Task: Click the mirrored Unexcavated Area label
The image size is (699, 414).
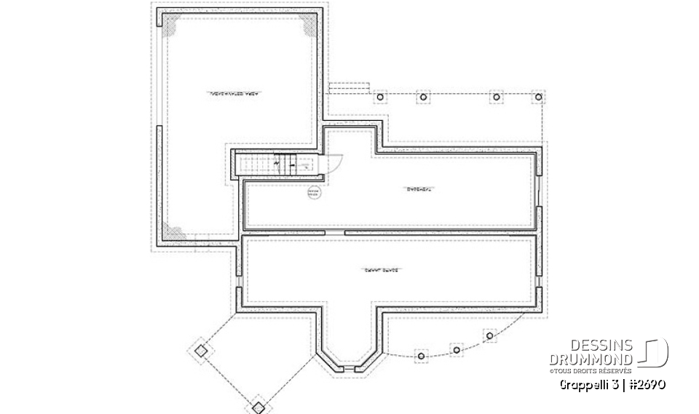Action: click(235, 94)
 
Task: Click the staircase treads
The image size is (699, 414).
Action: click(256, 164)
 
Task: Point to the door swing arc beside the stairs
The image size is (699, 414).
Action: click(323, 167)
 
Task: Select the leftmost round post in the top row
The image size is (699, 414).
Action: click(379, 97)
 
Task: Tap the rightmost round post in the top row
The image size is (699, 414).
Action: click(539, 97)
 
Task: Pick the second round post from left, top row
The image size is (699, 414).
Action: click(422, 97)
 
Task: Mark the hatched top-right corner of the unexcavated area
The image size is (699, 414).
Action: click(309, 26)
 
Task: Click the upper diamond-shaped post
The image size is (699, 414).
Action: click(202, 351)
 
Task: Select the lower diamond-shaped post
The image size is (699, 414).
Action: click(258, 406)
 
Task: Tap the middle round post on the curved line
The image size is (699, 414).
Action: click(457, 350)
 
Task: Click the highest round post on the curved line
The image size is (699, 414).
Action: click(490, 335)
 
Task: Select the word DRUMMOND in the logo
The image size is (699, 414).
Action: click(591, 359)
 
